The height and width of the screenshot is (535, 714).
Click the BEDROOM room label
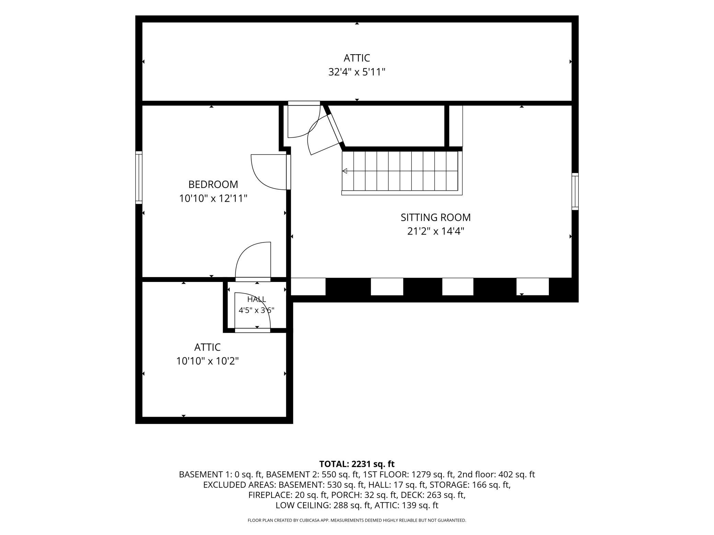pyautogui.click(x=213, y=185)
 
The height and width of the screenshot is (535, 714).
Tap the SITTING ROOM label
pyautogui.click(x=436, y=217)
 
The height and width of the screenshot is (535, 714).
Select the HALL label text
pyautogui.click(x=257, y=299)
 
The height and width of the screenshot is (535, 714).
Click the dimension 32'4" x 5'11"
pyautogui.click(x=357, y=72)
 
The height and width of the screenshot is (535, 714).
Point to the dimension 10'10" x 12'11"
pyautogui.click(x=213, y=199)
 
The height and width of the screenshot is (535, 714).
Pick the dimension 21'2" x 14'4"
pyautogui.click(x=436, y=231)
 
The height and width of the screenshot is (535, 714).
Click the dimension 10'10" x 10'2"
pyautogui.click(x=207, y=361)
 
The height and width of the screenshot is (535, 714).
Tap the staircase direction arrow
pyautogui.click(x=345, y=171)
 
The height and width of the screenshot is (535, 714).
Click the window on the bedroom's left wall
pyautogui.click(x=139, y=178)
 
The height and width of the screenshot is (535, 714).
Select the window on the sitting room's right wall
pyautogui.click(x=575, y=191)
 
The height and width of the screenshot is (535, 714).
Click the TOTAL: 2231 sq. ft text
pyautogui.click(x=357, y=464)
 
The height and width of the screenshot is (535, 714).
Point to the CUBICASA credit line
pyautogui.click(x=357, y=520)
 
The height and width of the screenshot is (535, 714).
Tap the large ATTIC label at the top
pyautogui.click(x=357, y=58)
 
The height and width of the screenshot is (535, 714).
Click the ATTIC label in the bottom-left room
pyautogui.click(x=207, y=347)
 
